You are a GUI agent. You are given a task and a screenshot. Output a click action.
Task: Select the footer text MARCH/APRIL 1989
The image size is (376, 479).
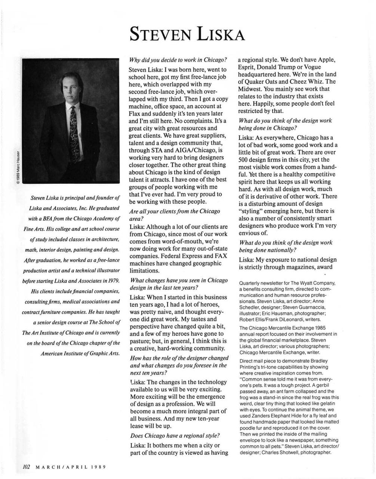71,467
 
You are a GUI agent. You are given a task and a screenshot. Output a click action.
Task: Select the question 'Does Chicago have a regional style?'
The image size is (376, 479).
175,436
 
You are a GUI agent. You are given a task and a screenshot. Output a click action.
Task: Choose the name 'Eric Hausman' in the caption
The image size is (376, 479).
295,313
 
